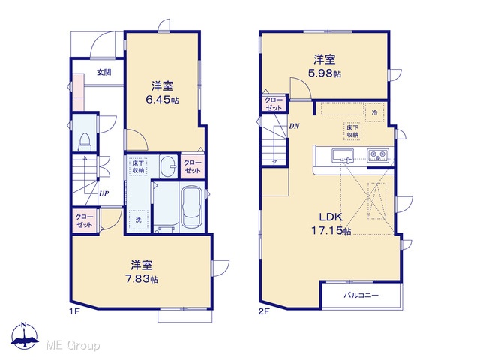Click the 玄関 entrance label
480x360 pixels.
coord(104,73)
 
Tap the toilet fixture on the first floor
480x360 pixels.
coord(85,142)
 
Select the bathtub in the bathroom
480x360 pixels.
coord(192,207)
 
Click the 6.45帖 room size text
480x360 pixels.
coord(162,100)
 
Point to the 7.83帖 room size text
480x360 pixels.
coord(142,279)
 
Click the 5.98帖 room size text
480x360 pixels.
coord(325,73)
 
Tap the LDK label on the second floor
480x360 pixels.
coord(331,217)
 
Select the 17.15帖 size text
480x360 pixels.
coord(331,230)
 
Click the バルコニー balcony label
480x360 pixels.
coord(361,295)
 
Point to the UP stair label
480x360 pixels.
coord(103,193)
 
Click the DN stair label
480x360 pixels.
coord(295,126)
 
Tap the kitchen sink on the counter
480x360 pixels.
coord(343,155)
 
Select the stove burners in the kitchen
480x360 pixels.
coord(378,155)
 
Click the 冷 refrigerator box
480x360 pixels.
coord(375,112)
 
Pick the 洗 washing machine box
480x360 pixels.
coord(138,220)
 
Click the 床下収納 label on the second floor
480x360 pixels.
coord(352,131)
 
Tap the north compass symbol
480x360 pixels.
coord(25,335)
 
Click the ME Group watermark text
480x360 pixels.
coord(73,346)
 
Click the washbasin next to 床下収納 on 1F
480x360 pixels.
coord(168,166)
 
